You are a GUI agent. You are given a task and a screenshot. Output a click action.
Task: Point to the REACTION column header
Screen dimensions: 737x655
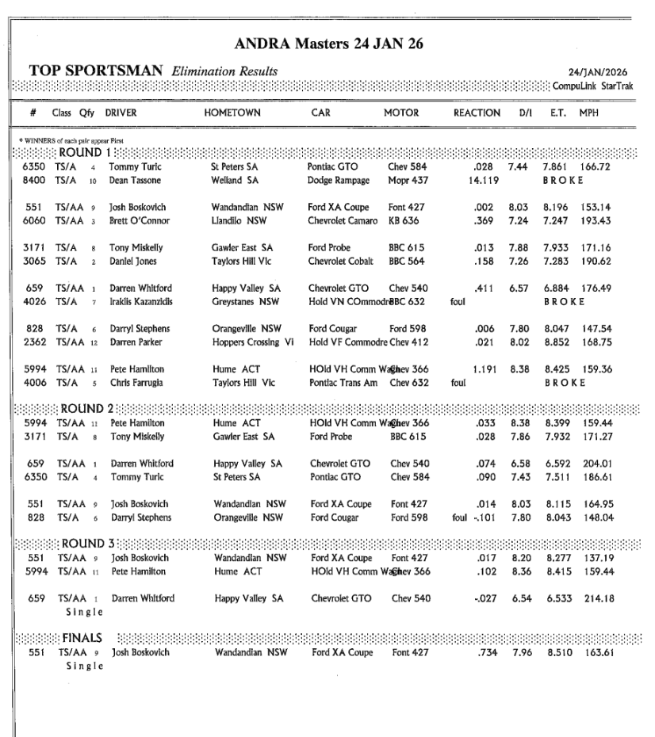[x=477, y=113]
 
